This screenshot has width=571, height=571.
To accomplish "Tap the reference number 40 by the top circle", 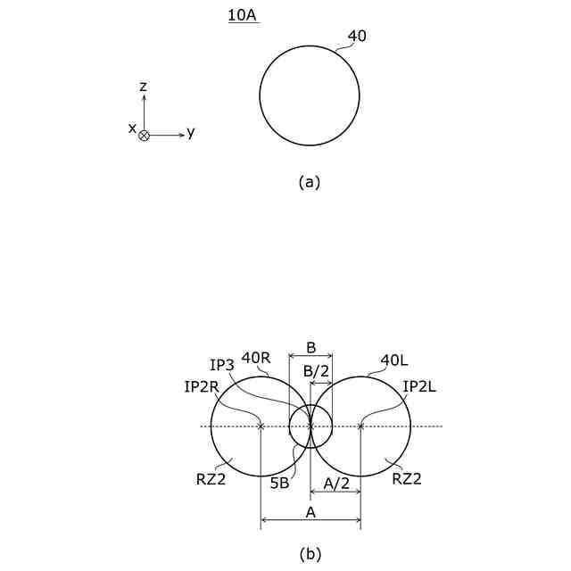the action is [x=357, y=37].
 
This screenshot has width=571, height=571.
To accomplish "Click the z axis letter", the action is [x=143, y=86].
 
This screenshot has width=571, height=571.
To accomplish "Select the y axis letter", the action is [x=191, y=133].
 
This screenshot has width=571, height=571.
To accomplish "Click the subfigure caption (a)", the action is [x=309, y=181].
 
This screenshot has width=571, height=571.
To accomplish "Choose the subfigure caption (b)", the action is [x=309, y=554].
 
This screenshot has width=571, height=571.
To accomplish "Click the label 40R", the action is [x=256, y=358].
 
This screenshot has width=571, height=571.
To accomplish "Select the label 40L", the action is [x=394, y=360].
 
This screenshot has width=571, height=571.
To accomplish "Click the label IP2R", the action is [x=202, y=386].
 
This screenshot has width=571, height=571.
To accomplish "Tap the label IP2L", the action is [x=418, y=386].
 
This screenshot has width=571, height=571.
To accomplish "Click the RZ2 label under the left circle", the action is [x=211, y=477].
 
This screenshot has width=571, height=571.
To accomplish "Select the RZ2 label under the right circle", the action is [x=407, y=478].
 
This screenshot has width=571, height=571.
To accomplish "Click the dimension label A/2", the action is [x=335, y=483].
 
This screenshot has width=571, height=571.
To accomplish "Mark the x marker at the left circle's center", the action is [x=261, y=426].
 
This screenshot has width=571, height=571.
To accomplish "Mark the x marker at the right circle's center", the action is [x=360, y=426].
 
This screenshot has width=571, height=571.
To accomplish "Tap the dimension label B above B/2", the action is [x=310, y=347].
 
